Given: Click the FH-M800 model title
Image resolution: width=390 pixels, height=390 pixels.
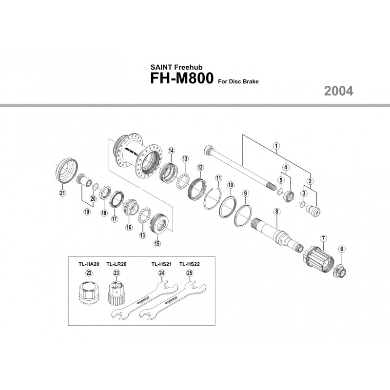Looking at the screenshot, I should pos(181,80).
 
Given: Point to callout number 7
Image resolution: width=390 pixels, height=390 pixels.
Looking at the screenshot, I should pos(323,238).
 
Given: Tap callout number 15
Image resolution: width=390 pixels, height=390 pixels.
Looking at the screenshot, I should pos(157,244).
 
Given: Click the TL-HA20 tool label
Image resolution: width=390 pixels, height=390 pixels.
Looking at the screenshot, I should pos(89,264).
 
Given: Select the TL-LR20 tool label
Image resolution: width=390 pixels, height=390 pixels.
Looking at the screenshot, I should pos(117,264).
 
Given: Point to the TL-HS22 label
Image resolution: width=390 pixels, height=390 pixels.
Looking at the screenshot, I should pos(189,264).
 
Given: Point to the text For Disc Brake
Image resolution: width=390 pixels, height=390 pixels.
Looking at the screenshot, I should pos(238,82).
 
